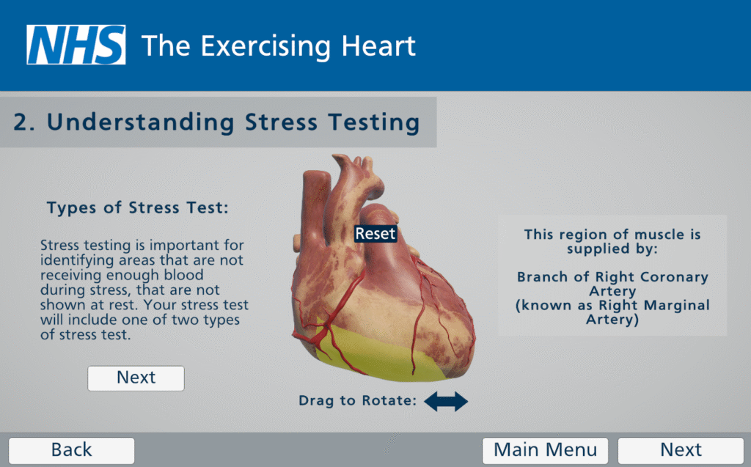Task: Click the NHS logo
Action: coord(76,45)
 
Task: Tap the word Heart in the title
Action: coord(378,46)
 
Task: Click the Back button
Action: coord(71,450)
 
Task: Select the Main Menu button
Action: coord(545,450)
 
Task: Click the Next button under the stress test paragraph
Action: coord(136,378)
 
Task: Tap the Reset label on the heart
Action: coord(375,234)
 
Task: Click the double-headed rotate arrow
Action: coord(446,401)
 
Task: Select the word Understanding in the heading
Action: coord(140,122)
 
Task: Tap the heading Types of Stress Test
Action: coord(137,208)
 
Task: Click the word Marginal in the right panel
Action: coord(676,305)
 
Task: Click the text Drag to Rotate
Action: coord(358,400)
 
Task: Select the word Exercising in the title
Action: coord(265,47)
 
